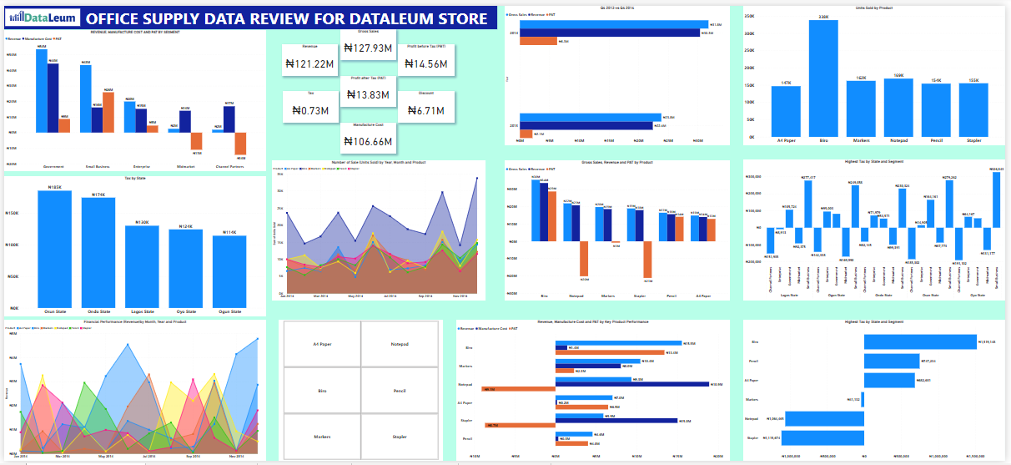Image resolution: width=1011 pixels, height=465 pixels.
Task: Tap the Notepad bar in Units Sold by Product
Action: [898, 109]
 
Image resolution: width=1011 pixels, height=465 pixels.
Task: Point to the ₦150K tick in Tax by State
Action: [13, 213]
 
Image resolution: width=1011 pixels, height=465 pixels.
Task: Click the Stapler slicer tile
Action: [400, 437]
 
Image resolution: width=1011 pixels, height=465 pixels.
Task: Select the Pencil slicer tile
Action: [400, 391]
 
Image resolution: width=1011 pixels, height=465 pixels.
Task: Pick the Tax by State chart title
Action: [134, 179]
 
